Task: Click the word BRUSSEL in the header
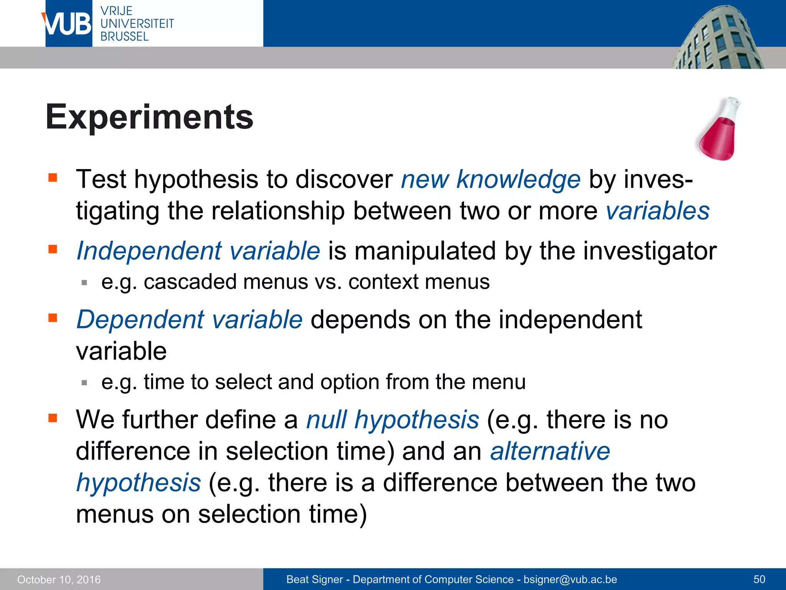point(124,36)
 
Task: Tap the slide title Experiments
point(149,117)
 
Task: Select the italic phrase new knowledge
point(490,179)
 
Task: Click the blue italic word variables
point(657,211)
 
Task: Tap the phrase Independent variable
point(198,251)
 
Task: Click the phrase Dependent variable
point(190,320)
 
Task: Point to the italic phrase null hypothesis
point(392,419)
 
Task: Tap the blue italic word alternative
point(550,451)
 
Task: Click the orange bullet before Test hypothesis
point(53,178)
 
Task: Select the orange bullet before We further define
point(53,418)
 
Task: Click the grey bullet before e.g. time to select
point(84,383)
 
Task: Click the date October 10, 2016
point(59,579)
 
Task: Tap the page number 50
point(759,579)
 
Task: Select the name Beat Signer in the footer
point(314,579)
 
